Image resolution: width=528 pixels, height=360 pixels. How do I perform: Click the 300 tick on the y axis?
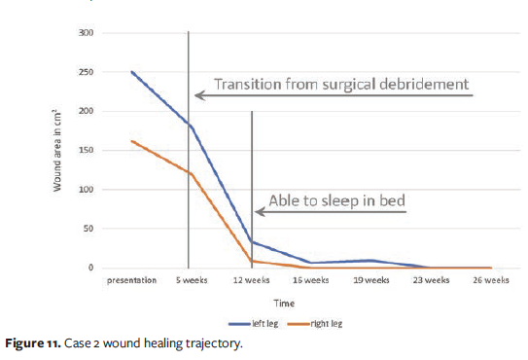[86, 33]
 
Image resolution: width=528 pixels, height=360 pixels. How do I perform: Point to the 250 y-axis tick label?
[86, 72]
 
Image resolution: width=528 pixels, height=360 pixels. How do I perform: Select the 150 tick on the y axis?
[86, 150]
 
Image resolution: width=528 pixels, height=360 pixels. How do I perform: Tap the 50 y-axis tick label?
[88, 229]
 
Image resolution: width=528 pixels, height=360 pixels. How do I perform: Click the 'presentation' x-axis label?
[131, 280]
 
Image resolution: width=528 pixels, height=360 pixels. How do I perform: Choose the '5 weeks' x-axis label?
[190, 280]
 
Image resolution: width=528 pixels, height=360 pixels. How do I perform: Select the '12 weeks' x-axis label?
[251, 280]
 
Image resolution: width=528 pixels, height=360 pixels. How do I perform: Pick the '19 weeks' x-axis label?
[370, 280]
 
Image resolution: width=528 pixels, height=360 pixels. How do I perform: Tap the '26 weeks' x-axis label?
[490, 280]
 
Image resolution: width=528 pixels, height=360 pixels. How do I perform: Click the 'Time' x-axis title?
[283, 303]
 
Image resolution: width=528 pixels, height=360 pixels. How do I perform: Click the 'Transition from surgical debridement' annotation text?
[341, 84]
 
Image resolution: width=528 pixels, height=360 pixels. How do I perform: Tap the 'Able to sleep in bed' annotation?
[336, 201]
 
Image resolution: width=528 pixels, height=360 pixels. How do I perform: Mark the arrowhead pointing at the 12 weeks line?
[260, 212]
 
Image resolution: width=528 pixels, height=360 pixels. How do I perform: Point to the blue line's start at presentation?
[131, 72]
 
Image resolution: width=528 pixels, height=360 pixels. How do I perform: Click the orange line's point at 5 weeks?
[191, 174]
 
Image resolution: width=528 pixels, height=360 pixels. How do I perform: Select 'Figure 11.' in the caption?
[36, 344]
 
